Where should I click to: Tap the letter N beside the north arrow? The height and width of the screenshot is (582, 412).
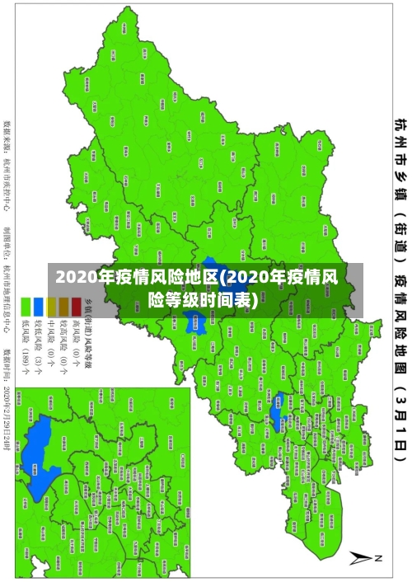point(379,558)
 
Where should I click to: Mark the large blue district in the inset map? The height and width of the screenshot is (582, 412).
point(37,457)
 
